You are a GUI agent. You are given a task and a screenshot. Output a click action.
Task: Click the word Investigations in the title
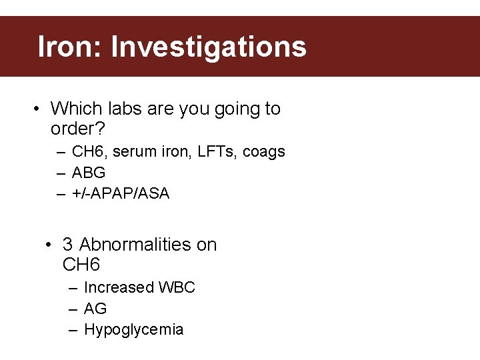click(x=209, y=47)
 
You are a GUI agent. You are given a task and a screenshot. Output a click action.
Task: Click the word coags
click(x=264, y=152)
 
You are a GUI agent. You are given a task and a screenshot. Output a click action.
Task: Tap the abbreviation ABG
click(x=89, y=173)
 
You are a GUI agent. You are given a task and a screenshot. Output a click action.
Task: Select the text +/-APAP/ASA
click(x=121, y=193)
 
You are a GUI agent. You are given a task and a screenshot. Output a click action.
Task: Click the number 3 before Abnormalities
click(x=68, y=245)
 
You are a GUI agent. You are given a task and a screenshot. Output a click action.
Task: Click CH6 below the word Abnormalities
click(x=81, y=265)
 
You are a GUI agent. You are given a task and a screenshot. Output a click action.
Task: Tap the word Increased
click(x=119, y=287)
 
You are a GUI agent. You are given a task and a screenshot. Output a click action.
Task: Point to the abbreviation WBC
click(x=177, y=287)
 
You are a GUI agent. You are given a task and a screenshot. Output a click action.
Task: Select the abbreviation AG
click(x=95, y=309)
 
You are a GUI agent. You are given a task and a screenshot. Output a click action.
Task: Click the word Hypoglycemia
click(x=133, y=329)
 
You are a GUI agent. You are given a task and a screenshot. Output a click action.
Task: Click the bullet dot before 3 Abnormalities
click(x=49, y=245)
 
